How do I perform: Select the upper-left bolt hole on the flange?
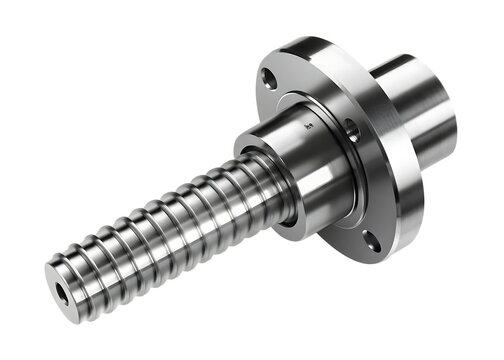[269, 77]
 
